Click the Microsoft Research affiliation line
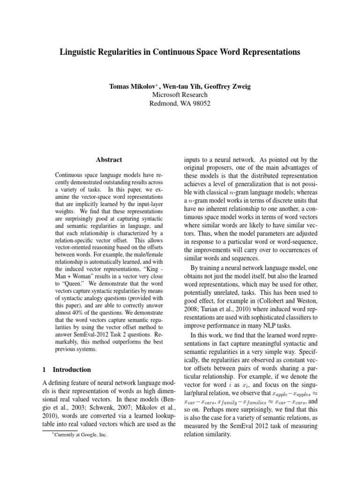click(180, 95)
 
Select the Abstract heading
click(109, 160)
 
